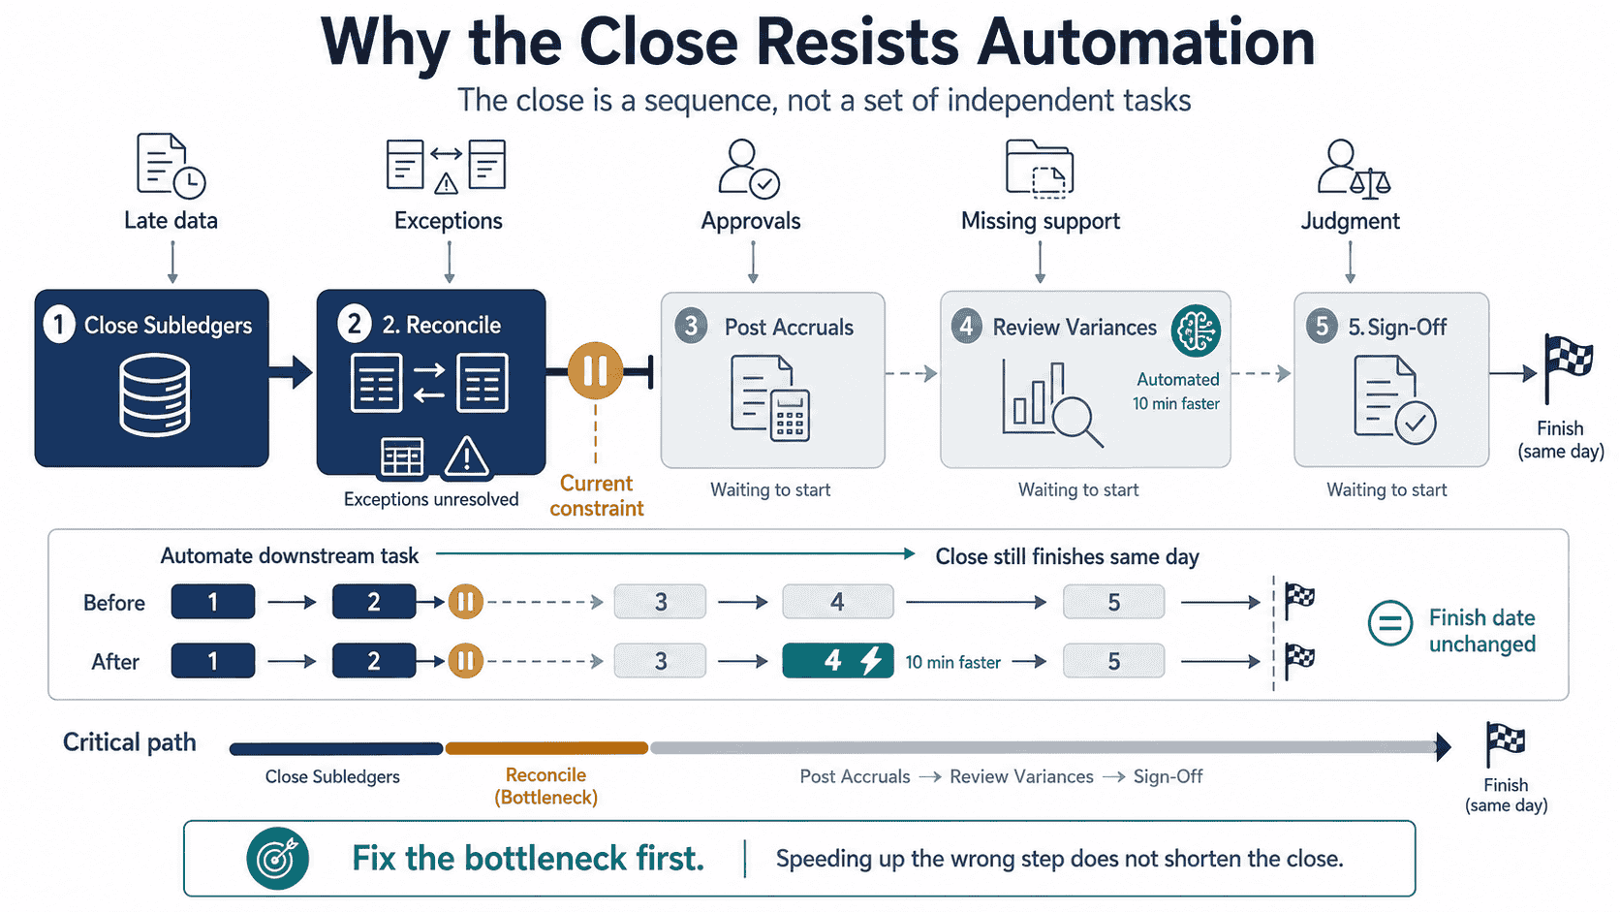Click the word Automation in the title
[1145, 42]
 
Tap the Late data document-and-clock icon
[171, 166]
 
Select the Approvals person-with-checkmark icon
[749, 169]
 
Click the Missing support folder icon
[1040, 169]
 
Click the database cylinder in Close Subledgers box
[155, 394]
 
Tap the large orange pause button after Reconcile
[595, 371]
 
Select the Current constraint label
[596, 495]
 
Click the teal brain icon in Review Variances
[1197, 330]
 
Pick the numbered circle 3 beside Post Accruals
[691, 327]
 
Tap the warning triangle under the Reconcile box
[466, 456]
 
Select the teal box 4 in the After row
[837, 660]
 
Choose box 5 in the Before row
[1114, 602]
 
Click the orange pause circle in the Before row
[465, 602]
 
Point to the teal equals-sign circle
[1390, 623]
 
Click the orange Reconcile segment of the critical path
[546, 748]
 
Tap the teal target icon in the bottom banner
[278, 859]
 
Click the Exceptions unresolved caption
[431, 499]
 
